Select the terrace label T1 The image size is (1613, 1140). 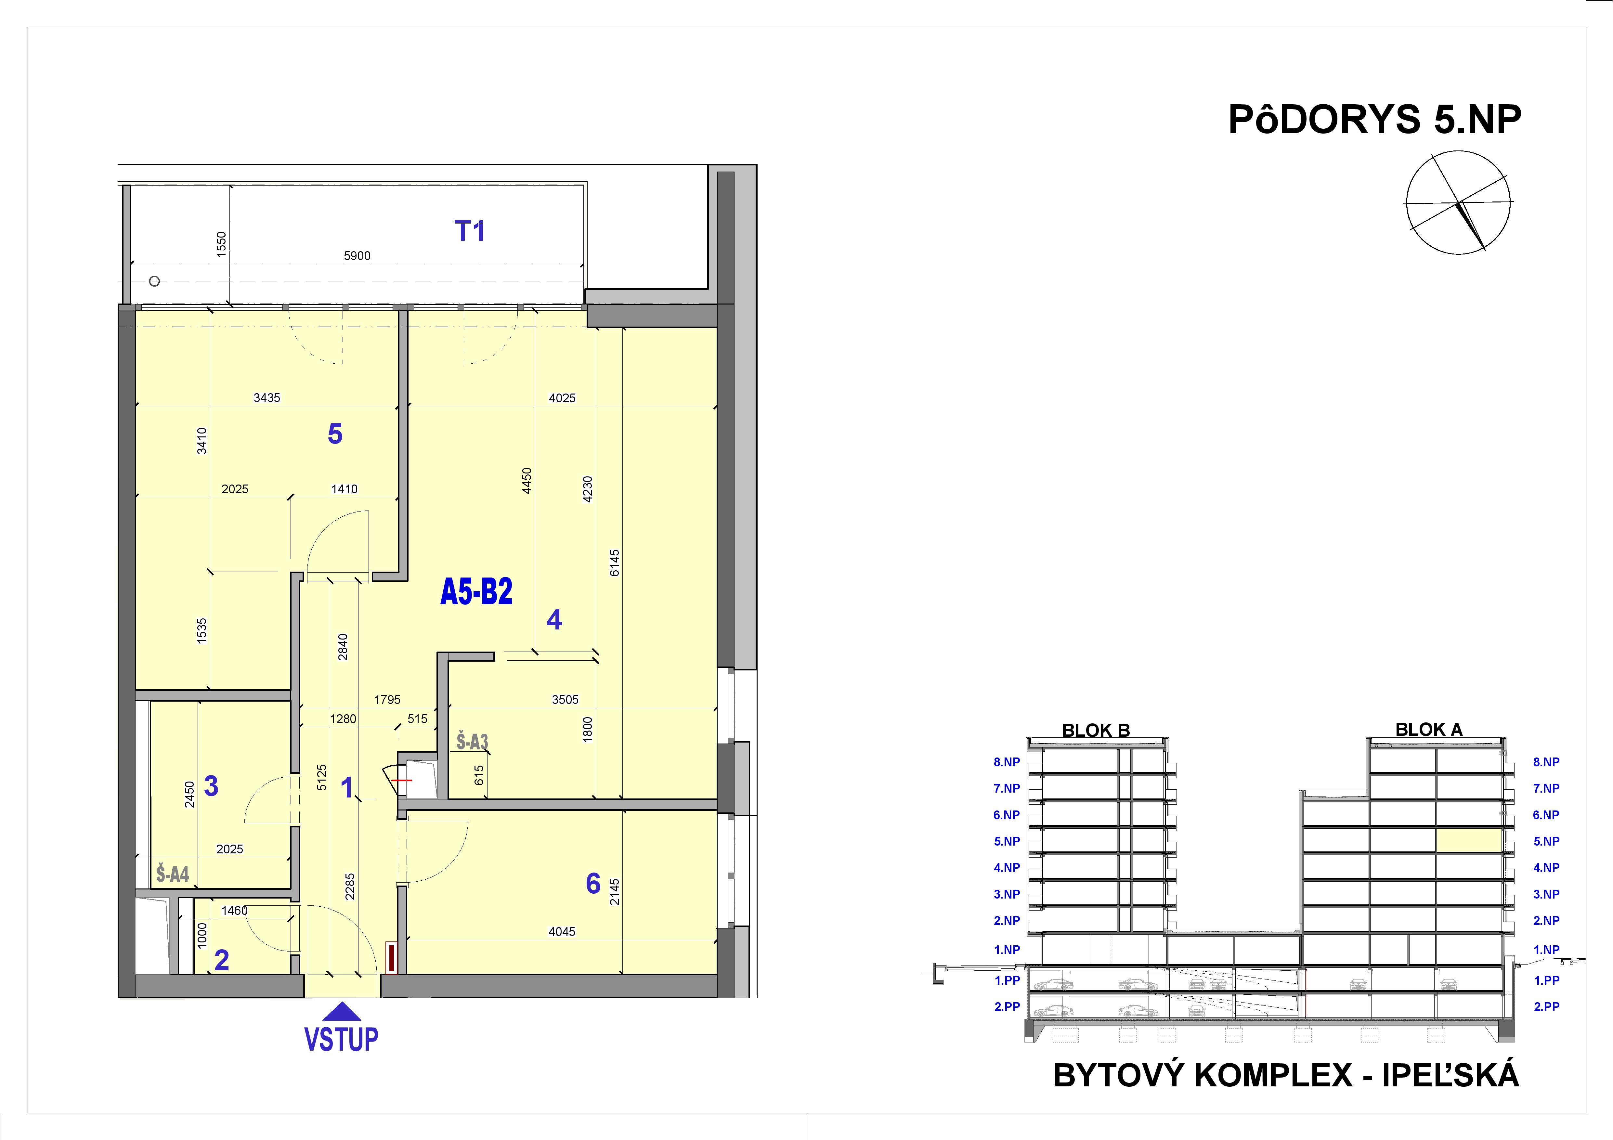[470, 231]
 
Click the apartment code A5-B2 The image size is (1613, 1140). [476, 592]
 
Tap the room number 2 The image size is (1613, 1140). [221, 960]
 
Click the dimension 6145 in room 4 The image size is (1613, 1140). [615, 563]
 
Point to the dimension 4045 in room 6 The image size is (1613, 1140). [562, 931]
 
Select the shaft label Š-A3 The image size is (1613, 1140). [472, 742]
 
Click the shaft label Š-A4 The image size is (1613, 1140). [172, 874]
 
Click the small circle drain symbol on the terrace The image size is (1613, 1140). [155, 281]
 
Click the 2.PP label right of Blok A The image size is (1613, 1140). [1546, 1006]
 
